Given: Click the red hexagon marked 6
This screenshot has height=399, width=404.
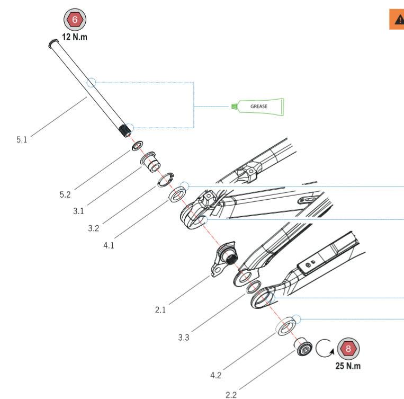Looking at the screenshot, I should [x=75, y=20].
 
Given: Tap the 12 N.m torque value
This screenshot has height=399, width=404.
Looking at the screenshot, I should [x=75, y=38].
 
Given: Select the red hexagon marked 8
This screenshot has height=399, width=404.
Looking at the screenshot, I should [x=348, y=348].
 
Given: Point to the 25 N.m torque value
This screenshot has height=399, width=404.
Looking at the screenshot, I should [x=348, y=366].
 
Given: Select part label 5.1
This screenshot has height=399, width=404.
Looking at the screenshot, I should [x=22, y=140].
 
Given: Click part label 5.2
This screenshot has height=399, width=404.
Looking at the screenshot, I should [x=65, y=194].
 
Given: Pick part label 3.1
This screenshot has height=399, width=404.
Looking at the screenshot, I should [x=78, y=211].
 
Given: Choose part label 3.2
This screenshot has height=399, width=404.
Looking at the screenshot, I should [x=93, y=229].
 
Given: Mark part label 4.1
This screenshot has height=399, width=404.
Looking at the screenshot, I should [x=109, y=246].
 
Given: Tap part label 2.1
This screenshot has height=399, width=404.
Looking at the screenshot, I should [x=160, y=310].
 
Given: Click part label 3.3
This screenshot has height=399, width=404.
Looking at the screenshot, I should [x=184, y=338].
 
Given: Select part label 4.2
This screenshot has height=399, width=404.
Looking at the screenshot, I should [x=216, y=376].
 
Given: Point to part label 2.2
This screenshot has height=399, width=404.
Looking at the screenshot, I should [x=231, y=394].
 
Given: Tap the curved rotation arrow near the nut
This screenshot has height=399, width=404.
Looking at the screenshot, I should [x=323, y=348].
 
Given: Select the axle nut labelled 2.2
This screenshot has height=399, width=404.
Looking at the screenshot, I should [x=303, y=349].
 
